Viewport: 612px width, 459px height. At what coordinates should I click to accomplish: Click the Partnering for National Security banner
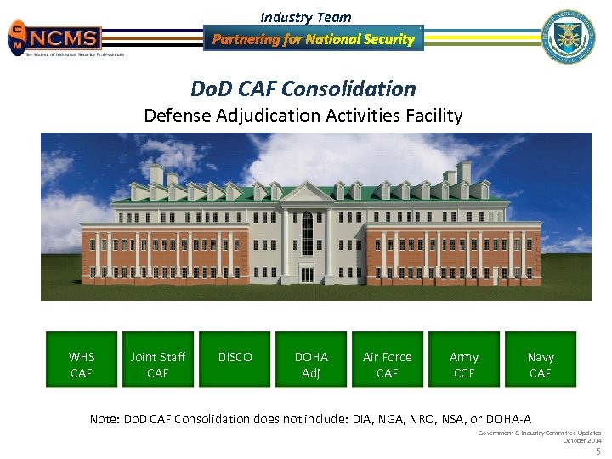click(313, 39)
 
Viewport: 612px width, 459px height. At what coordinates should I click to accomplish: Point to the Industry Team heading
click(305, 17)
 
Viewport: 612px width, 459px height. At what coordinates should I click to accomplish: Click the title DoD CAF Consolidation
click(304, 88)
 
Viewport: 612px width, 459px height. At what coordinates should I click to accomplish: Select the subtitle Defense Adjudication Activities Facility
click(303, 116)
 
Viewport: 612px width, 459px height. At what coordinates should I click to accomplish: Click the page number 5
click(598, 451)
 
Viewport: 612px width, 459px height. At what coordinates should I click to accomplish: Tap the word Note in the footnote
click(106, 418)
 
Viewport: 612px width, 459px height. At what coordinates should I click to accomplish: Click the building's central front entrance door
click(307, 274)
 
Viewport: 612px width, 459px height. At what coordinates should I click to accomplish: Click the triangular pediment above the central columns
click(307, 195)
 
